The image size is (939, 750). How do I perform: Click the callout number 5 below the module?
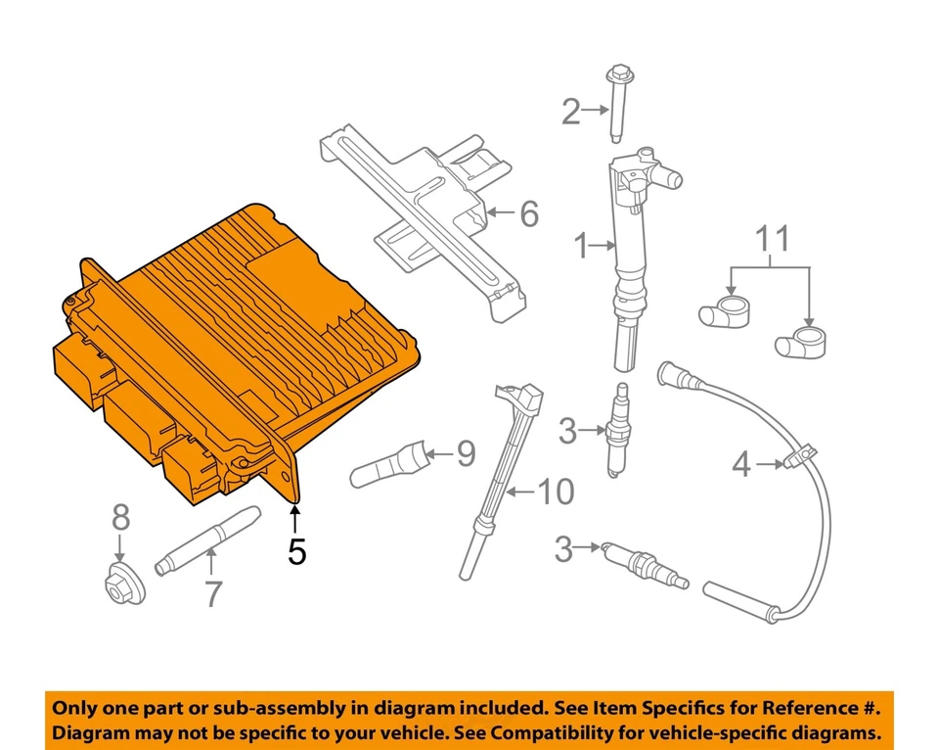pos(296,552)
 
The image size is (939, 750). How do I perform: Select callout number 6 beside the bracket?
pos(528,213)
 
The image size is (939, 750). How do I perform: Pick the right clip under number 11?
pos(796,343)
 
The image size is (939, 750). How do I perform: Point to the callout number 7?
pos(212,592)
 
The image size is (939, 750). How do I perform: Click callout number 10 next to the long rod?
pos(557,492)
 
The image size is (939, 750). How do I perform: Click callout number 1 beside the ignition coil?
pos(581,248)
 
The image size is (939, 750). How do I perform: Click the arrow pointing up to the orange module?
pos(295,519)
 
